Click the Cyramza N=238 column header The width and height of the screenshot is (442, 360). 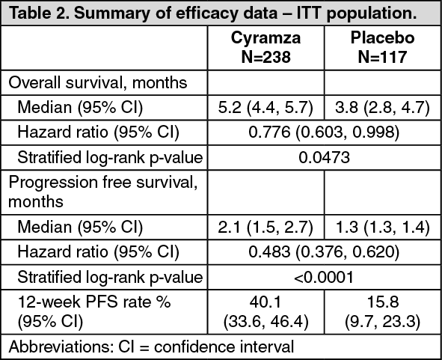pos(265,47)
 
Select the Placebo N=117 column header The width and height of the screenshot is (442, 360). pos(382,47)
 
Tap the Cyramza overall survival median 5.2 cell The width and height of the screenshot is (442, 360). pos(265,108)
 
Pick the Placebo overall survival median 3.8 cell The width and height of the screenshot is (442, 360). pos(382,108)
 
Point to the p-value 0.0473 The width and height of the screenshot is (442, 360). pos(324,157)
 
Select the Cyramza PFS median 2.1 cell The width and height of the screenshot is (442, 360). pos(265,227)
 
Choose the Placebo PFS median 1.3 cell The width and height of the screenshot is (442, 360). pos(382,227)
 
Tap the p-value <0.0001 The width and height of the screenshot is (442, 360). pos(324,277)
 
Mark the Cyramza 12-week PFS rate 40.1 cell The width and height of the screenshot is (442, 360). pos(265,311)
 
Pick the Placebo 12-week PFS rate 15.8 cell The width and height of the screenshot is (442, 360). pos(382,311)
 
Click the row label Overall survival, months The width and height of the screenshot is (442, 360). pos(98,83)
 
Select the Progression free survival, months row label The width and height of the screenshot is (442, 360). pos(103,192)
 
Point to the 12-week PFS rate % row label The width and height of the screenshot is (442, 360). pos(94,311)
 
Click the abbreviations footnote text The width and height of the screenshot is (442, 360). pos(151,347)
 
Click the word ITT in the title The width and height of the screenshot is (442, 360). pos(308,13)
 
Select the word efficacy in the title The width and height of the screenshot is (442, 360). pos(206,14)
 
